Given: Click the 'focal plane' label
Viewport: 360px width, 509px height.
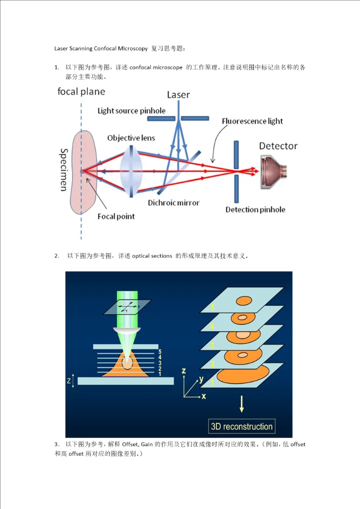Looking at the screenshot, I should pos(81,91).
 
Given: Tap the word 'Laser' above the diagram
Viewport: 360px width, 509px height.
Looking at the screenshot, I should pos(178,94).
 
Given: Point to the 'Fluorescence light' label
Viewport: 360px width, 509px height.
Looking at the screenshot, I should pos(252,121).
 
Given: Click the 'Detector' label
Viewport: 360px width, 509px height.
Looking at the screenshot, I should pos(278,146).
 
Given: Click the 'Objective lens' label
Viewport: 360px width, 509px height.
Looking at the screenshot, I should pos(131,137).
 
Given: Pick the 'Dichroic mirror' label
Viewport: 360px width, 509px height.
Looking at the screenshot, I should pos(173,203).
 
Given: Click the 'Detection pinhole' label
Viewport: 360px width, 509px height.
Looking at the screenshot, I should pos(255,209).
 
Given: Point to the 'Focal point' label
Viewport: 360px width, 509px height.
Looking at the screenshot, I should pos(116,216).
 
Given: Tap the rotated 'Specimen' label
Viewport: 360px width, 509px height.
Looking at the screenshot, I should pos(64,169).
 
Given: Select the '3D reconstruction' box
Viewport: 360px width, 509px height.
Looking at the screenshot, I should pos(242,426).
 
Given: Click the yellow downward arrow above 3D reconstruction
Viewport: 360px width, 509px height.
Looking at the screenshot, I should pos(242,403).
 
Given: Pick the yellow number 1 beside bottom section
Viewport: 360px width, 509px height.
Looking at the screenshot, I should pos(212,382).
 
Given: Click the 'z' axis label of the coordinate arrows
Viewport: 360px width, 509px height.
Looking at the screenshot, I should pos(184,371).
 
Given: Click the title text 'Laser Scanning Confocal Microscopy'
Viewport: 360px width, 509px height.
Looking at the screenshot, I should pos(100,48).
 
